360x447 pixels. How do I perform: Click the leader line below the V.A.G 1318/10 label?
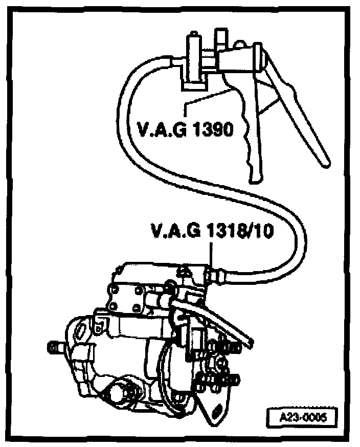[211, 253]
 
